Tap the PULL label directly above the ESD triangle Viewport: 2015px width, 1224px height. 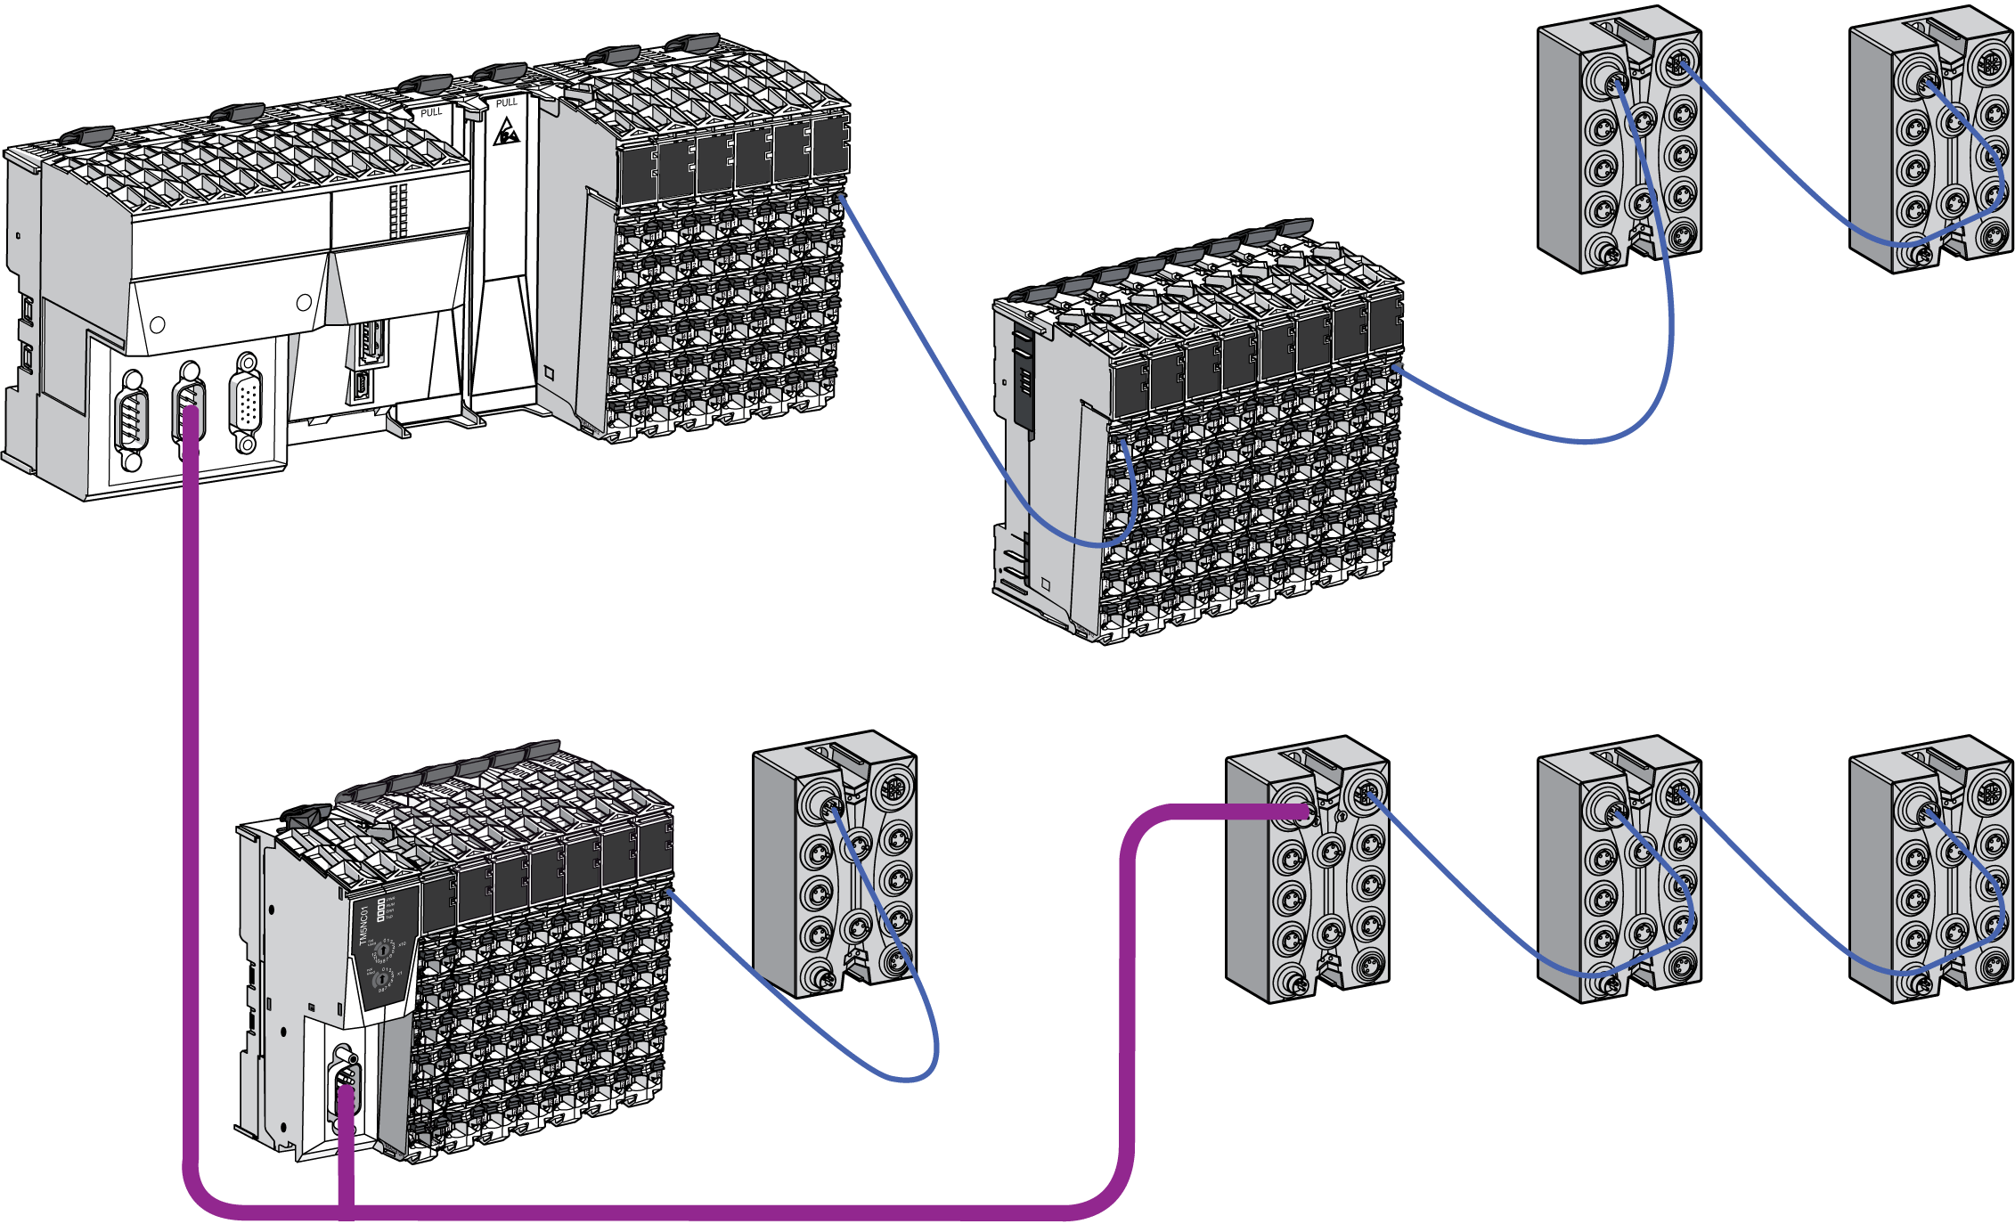(506, 103)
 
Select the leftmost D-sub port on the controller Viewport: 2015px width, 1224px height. (132, 419)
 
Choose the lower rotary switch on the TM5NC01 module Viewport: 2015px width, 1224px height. (383, 978)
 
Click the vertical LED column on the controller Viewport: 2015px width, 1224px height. (398, 210)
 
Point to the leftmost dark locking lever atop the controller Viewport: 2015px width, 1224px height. (87, 135)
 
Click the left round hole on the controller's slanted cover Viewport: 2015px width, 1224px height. (158, 325)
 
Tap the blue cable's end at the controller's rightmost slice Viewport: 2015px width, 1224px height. (840, 198)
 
